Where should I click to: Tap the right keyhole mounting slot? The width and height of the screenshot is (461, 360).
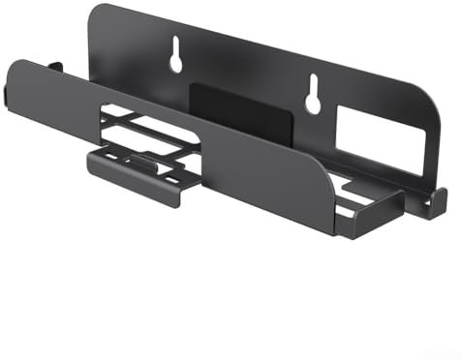tap(313, 94)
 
